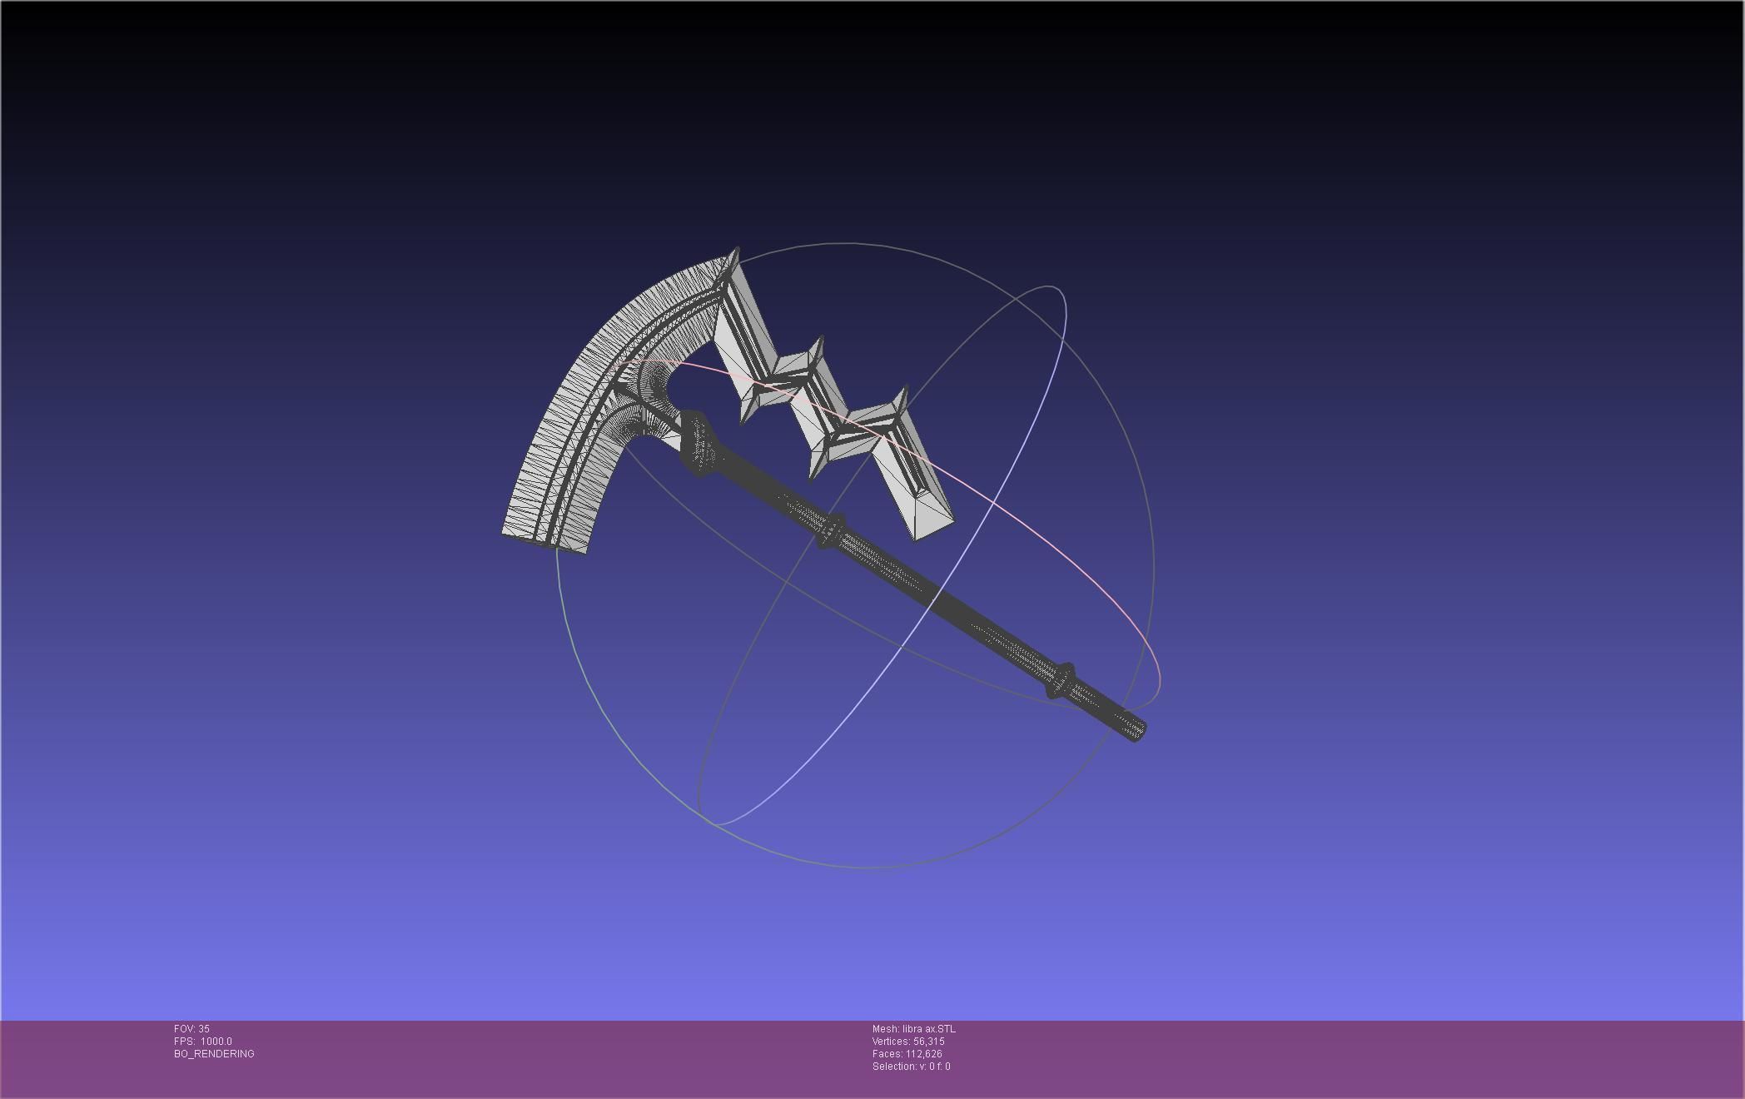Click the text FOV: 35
point(191,1029)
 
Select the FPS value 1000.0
point(216,1042)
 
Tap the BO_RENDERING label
point(214,1054)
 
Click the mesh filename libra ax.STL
point(928,1029)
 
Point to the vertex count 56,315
point(928,1042)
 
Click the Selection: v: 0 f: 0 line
point(911,1067)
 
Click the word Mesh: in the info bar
point(886,1029)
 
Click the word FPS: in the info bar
point(185,1042)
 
